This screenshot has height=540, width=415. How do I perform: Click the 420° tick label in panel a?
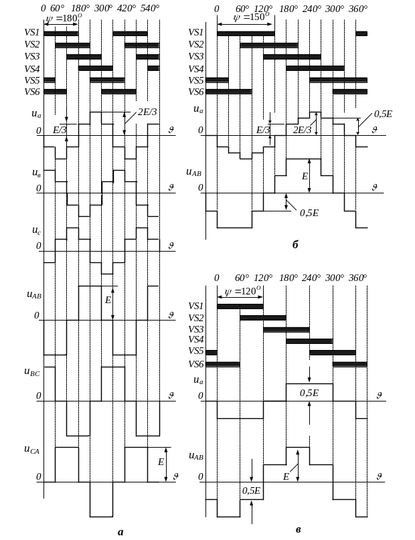point(127,9)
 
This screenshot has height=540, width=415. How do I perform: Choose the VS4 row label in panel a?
point(32,68)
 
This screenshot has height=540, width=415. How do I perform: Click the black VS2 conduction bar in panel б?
point(268,45)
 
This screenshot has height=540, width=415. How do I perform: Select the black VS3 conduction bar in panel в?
point(286,329)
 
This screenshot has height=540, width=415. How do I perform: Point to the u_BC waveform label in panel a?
point(33,374)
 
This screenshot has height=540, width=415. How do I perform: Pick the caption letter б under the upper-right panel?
point(295,246)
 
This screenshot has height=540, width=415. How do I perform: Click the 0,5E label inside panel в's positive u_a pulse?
point(308,393)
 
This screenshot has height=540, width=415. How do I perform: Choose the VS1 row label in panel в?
point(196,306)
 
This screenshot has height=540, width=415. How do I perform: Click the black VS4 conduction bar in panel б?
point(315,68)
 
